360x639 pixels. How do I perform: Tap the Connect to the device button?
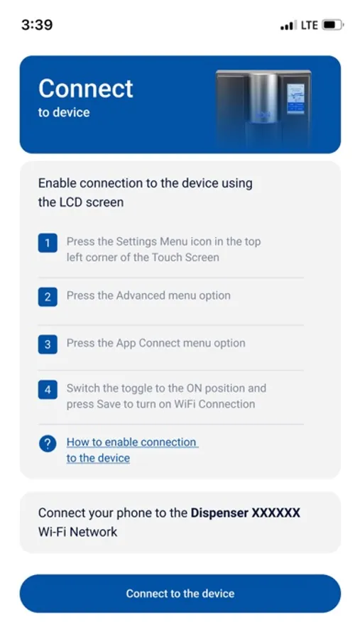(180, 594)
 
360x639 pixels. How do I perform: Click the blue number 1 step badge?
(48, 243)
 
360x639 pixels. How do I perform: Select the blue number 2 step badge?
(48, 297)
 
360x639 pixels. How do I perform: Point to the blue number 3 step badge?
(48, 344)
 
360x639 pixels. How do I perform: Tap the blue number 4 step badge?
(48, 390)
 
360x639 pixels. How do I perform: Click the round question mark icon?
(48, 443)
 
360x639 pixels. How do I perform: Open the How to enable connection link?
(133, 450)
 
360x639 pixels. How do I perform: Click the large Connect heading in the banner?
(86, 88)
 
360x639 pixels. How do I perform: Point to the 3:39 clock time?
(37, 25)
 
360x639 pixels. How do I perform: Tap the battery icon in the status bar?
(333, 25)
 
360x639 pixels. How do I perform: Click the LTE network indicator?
(310, 26)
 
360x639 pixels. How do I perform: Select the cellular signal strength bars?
(288, 26)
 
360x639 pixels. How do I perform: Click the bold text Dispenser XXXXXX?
(246, 513)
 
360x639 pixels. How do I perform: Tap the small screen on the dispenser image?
(295, 99)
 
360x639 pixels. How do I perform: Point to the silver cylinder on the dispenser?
(263, 98)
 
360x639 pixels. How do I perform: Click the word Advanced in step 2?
(136, 295)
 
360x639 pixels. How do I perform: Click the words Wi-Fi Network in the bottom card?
(77, 532)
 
